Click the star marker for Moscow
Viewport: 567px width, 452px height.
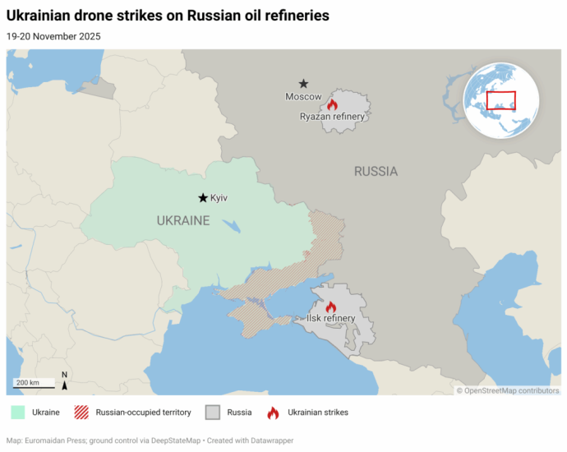[303, 84]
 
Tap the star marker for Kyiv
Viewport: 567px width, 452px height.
[202, 198]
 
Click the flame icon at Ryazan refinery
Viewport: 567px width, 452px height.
[332, 104]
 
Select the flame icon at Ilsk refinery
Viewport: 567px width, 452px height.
[331, 307]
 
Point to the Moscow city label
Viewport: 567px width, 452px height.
[303, 97]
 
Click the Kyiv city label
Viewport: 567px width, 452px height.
[219, 198]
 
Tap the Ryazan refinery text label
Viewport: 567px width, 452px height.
[332, 117]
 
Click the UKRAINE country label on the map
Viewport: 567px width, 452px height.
[183, 220]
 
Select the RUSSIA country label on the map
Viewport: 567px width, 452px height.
[376, 172]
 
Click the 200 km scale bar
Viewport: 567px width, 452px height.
[34, 384]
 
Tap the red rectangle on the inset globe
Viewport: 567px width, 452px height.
[500, 100]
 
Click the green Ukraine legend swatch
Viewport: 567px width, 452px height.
[16, 412]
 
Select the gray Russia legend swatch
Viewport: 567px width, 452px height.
[214, 412]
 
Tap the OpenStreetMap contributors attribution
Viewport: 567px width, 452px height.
[508, 390]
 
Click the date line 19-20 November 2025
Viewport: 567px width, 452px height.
[53, 36]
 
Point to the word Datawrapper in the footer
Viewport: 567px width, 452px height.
[270, 440]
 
